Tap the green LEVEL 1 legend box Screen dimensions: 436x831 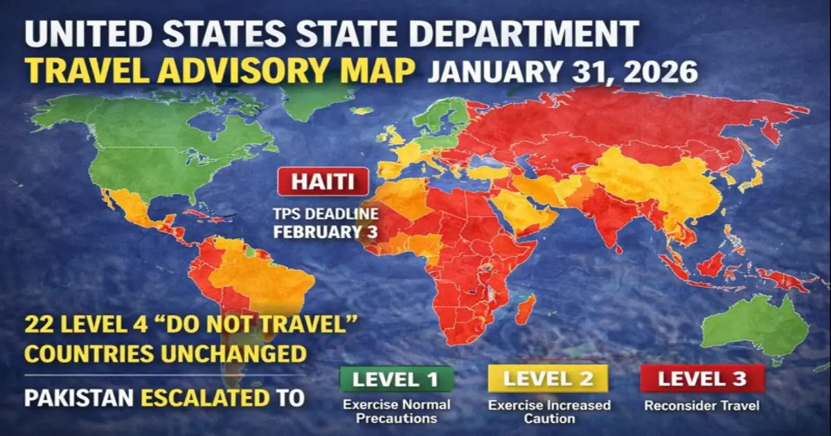point(395,379)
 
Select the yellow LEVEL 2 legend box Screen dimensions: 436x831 point(547,379)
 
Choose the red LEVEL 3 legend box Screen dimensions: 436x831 point(702,379)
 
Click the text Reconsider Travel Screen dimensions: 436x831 point(702,406)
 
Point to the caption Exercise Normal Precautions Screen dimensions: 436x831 point(395,411)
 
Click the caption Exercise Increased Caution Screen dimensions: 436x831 point(549,411)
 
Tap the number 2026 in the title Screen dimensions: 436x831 point(656,71)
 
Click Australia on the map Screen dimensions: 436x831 point(755,325)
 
